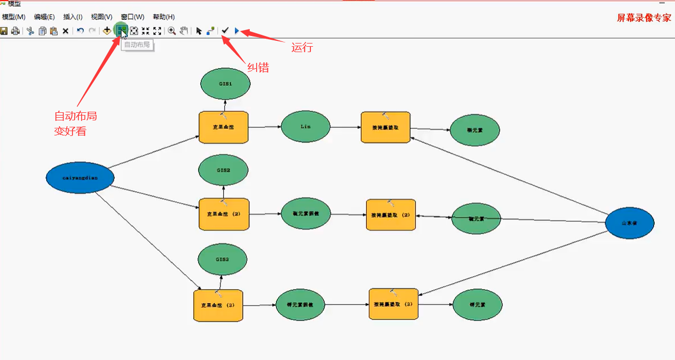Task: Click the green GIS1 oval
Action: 226,84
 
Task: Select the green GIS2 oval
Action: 223,170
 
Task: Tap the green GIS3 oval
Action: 222,259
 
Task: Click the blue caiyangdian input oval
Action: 80,178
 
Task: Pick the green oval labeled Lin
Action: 306,127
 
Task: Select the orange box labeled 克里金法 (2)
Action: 224,214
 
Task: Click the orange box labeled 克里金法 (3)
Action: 218,305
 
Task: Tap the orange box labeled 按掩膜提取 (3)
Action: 393,304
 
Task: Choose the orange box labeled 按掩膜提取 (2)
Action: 390,215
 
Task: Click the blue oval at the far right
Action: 629,222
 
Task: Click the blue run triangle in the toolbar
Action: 237,31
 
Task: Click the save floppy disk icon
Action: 4,31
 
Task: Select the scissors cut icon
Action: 30,31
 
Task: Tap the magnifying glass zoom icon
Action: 172,31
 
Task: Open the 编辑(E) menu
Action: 44,17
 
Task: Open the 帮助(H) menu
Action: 164,17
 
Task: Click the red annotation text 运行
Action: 302,47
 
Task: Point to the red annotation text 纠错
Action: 258,68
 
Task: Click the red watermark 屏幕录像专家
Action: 644,18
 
